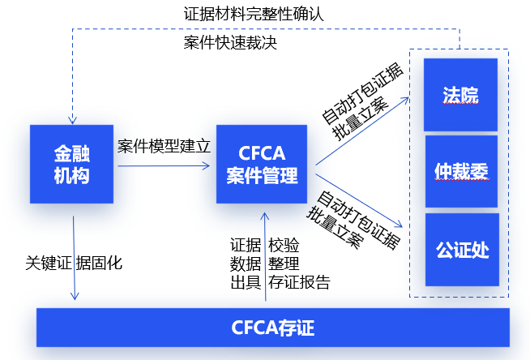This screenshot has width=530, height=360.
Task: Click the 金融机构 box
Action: click(72, 164)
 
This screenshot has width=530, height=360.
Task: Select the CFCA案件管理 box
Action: click(262, 164)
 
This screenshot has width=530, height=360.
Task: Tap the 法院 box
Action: click(460, 95)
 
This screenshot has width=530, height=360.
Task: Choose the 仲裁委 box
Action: click(460, 171)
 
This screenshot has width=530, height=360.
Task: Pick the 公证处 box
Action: click(460, 249)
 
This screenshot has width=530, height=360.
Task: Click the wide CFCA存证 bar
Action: click(273, 328)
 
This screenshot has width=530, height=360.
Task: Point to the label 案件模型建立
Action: click(164, 147)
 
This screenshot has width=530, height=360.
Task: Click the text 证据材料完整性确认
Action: click(254, 14)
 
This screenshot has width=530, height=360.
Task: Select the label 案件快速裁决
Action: click(231, 43)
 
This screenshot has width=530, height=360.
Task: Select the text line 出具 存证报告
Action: click(280, 282)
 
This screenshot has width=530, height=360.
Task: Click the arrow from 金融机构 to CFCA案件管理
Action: click(162, 167)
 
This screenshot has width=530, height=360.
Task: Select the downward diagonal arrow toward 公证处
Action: click(361, 199)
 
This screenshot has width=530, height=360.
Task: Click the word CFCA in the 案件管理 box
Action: click(261, 152)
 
